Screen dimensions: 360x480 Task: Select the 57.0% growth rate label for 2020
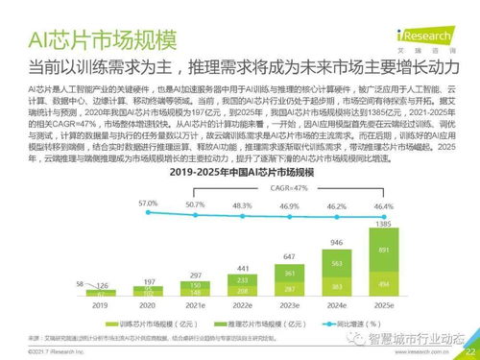coord(148,204)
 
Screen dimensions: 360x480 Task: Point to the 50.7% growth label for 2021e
coord(196,205)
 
